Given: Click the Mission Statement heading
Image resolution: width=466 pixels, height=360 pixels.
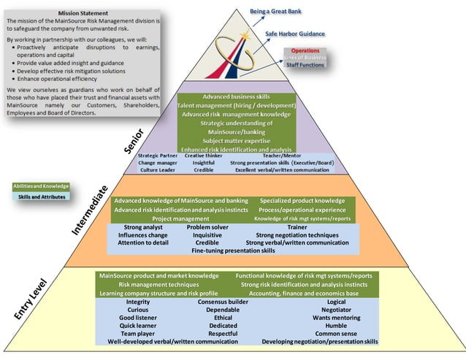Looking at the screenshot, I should [x=85, y=13].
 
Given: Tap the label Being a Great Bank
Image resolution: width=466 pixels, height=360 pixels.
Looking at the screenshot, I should [x=275, y=12].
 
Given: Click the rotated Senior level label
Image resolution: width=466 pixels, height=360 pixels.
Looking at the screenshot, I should [x=134, y=141].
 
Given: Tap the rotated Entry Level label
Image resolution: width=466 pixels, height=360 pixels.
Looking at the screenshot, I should [x=31, y=299].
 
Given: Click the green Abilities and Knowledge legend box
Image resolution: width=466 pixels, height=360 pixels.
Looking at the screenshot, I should [x=42, y=186].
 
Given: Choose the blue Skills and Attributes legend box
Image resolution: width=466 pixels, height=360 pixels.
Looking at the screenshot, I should [x=42, y=196].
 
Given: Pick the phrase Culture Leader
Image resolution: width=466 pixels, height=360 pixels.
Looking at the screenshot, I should [x=158, y=169].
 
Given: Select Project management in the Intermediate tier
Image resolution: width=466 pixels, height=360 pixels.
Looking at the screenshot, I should [x=180, y=218].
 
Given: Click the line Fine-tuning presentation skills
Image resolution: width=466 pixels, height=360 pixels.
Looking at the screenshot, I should [x=233, y=250].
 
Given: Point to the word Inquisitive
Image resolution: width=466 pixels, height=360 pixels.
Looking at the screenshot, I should [x=207, y=235].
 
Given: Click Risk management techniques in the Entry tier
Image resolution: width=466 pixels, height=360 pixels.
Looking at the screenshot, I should [x=158, y=284].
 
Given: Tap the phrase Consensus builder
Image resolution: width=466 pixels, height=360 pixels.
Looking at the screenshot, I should [x=223, y=302].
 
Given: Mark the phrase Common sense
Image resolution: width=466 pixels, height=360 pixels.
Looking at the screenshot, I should [x=336, y=333].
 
